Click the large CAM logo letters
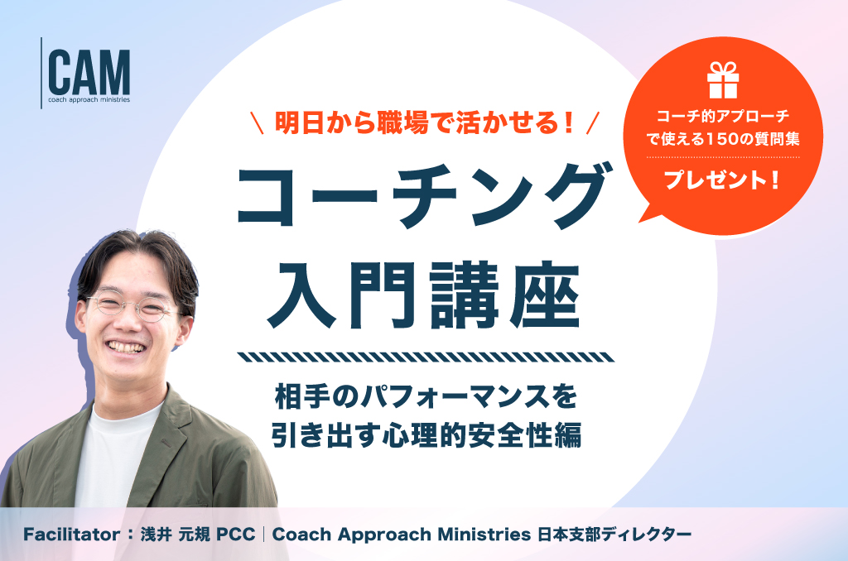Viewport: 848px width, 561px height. pos(89,73)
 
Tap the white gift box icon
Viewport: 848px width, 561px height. pos(723,80)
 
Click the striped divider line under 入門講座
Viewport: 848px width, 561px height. pos(426,357)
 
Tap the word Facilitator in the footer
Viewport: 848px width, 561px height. pos(71,535)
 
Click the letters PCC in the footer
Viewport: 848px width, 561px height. pos(235,535)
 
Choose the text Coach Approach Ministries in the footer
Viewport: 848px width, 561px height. pos(402,535)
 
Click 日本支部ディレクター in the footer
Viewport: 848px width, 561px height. pos(614,535)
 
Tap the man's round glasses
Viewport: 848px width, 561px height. pos(132,306)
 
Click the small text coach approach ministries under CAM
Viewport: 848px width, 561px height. pos(89,100)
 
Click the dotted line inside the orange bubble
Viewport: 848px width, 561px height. pos(723,157)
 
